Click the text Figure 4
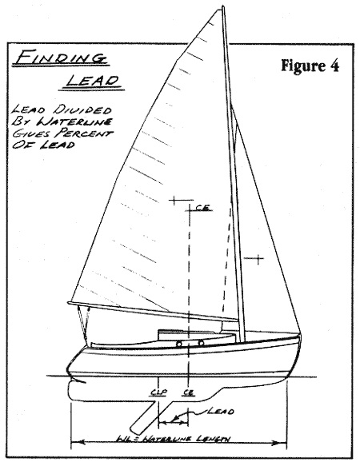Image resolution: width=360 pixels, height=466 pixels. pos(310,65)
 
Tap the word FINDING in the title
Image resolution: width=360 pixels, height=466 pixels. pos(62,58)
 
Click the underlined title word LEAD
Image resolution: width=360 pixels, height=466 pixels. pos(93,81)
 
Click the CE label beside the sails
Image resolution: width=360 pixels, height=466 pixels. pos(203,208)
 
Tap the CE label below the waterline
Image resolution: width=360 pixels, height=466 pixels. pos(189,392)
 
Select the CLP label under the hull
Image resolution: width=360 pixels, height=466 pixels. pos(158,392)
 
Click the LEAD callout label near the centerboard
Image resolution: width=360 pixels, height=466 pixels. pos(221,412)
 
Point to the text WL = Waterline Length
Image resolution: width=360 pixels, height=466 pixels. pos(174,439)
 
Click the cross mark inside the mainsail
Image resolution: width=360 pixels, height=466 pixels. pos(174,201)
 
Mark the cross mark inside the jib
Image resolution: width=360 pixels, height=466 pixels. pos(258,259)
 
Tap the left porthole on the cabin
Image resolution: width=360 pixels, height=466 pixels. pos(179,345)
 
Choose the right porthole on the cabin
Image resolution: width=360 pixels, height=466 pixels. pos(201,343)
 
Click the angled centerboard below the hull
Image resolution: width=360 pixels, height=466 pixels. pos(150,416)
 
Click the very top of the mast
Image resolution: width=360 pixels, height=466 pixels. pos(223,6)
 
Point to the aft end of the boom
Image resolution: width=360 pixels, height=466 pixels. pos(69,303)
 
